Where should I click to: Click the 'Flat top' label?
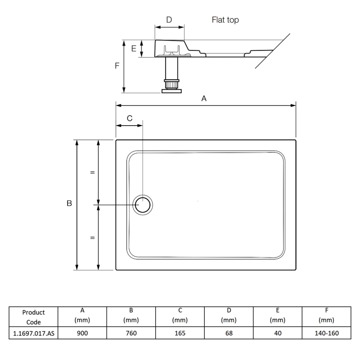225,20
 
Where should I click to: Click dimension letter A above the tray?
204,99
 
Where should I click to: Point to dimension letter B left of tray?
69,203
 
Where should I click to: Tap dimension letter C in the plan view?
130,118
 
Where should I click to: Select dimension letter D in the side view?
169,20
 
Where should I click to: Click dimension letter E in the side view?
134,49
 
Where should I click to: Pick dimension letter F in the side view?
117,66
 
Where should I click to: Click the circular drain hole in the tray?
144,205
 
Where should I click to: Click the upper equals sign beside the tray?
92,172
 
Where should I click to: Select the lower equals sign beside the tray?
92,238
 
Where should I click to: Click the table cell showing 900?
82,333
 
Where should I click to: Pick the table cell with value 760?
131,333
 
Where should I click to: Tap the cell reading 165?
180,333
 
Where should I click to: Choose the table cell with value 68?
229,333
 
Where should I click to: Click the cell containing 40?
277,333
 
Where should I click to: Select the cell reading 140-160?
326,333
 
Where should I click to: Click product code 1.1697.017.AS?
33,333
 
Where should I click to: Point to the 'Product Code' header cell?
33,317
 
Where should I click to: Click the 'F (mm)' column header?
326,315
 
